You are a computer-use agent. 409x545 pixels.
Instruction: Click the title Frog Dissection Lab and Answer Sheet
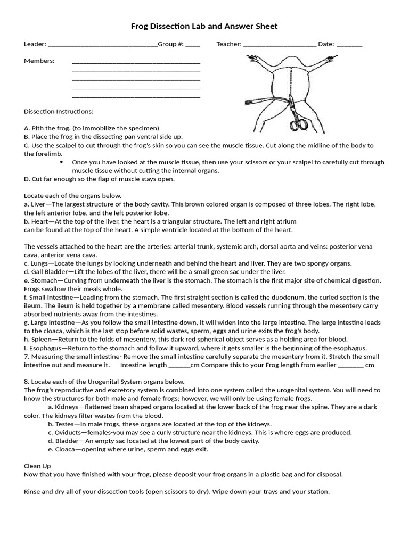(x=204, y=26)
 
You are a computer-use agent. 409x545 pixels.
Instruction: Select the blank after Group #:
(x=193, y=45)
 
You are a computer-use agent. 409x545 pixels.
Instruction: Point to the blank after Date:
(x=349, y=45)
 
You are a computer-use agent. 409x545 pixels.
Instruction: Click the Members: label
(x=39, y=61)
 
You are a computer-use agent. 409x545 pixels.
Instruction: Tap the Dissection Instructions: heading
(x=59, y=112)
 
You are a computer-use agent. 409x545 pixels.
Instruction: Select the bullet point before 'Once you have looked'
(x=62, y=162)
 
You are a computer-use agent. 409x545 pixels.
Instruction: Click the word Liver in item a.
(x=40, y=204)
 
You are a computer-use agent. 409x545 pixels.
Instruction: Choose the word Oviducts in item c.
(x=69, y=433)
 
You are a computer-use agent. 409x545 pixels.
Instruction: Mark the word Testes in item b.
(x=64, y=424)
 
